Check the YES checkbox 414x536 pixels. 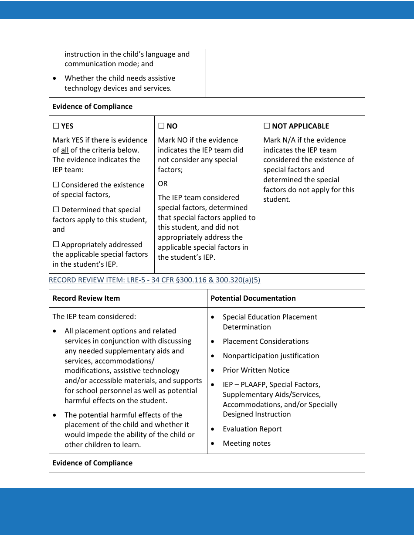(56, 126)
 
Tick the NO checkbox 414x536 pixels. (161, 126)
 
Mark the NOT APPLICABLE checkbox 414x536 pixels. (267, 126)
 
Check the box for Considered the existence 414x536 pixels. (56, 185)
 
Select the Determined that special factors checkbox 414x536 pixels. (56, 210)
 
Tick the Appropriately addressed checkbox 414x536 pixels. (56, 244)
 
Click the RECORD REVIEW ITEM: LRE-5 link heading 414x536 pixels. (154, 280)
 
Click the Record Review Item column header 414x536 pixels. (86, 298)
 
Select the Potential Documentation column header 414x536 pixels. (253, 298)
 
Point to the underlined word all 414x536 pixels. (64, 150)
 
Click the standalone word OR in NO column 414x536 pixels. (163, 183)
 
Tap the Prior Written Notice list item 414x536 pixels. (256, 370)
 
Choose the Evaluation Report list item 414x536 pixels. (252, 429)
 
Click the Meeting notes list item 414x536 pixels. (246, 443)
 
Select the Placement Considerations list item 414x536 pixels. (265, 341)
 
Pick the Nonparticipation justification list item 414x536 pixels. (271, 356)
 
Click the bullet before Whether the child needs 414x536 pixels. (54, 78)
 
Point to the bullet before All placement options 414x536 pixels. (54, 331)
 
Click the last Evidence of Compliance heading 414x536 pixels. (92, 463)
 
